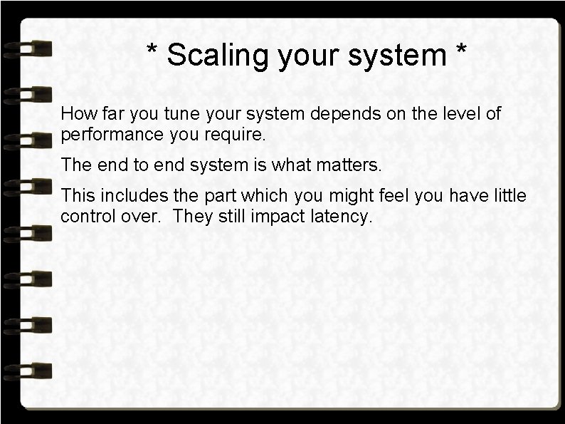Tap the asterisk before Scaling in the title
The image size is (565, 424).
pyautogui.click(x=152, y=50)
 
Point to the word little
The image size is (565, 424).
pyautogui.click(x=508, y=196)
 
